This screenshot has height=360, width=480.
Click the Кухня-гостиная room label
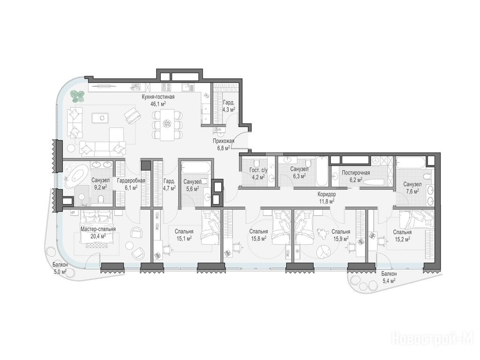(x=158, y=97)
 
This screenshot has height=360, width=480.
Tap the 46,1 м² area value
(x=158, y=104)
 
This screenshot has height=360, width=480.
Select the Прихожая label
(x=224, y=141)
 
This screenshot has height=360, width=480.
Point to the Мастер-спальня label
(x=98, y=229)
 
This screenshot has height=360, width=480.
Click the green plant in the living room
(x=77, y=96)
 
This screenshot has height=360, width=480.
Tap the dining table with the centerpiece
(x=167, y=125)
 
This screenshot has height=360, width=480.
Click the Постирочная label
(x=356, y=172)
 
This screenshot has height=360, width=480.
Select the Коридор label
(x=326, y=195)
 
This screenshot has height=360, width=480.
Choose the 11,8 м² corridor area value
(x=326, y=201)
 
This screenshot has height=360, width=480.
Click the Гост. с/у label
(x=258, y=170)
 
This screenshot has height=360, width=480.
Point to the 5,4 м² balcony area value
(x=389, y=280)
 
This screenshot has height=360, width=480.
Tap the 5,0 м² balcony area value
(x=60, y=271)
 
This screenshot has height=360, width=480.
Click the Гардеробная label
(x=131, y=180)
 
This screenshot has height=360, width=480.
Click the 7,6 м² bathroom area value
(x=412, y=191)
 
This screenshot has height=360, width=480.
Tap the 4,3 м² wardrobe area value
(x=229, y=109)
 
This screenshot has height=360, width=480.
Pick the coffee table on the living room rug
(x=102, y=118)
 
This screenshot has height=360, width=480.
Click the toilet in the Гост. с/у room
(x=258, y=163)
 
